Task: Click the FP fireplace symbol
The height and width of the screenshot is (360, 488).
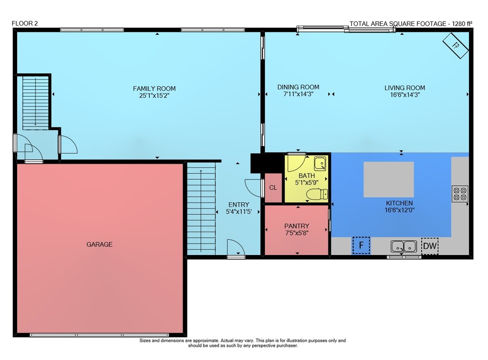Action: (x=455, y=45)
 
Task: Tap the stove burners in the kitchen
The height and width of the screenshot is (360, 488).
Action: (x=460, y=194)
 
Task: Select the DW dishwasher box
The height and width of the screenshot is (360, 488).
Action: (x=430, y=246)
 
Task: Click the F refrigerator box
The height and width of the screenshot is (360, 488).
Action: (x=361, y=245)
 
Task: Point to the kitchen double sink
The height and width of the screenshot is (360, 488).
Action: (x=404, y=246)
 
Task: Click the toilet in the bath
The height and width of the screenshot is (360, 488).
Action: (x=317, y=194)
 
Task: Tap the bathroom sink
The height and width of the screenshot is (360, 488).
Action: (x=320, y=164)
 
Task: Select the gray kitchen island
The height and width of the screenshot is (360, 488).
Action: (x=389, y=179)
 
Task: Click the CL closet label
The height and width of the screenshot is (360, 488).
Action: (x=273, y=188)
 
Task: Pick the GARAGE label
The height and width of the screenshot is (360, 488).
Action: (x=99, y=244)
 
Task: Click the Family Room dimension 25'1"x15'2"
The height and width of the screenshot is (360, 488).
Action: (x=154, y=96)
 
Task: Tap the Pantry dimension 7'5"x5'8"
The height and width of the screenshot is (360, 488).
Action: (x=297, y=233)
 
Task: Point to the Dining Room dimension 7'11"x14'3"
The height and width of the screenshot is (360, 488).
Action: (x=298, y=94)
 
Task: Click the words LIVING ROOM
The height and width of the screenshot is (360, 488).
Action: (x=405, y=88)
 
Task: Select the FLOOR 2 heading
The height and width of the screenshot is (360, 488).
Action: (x=24, y=23)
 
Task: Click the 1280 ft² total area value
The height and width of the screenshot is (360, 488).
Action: (x=462, y=23)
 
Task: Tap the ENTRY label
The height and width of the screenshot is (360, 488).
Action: (x=239, y=205)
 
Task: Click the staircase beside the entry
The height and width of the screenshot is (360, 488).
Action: (x=201, y=209)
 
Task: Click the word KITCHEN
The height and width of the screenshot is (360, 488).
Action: (x=399, y=203)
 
